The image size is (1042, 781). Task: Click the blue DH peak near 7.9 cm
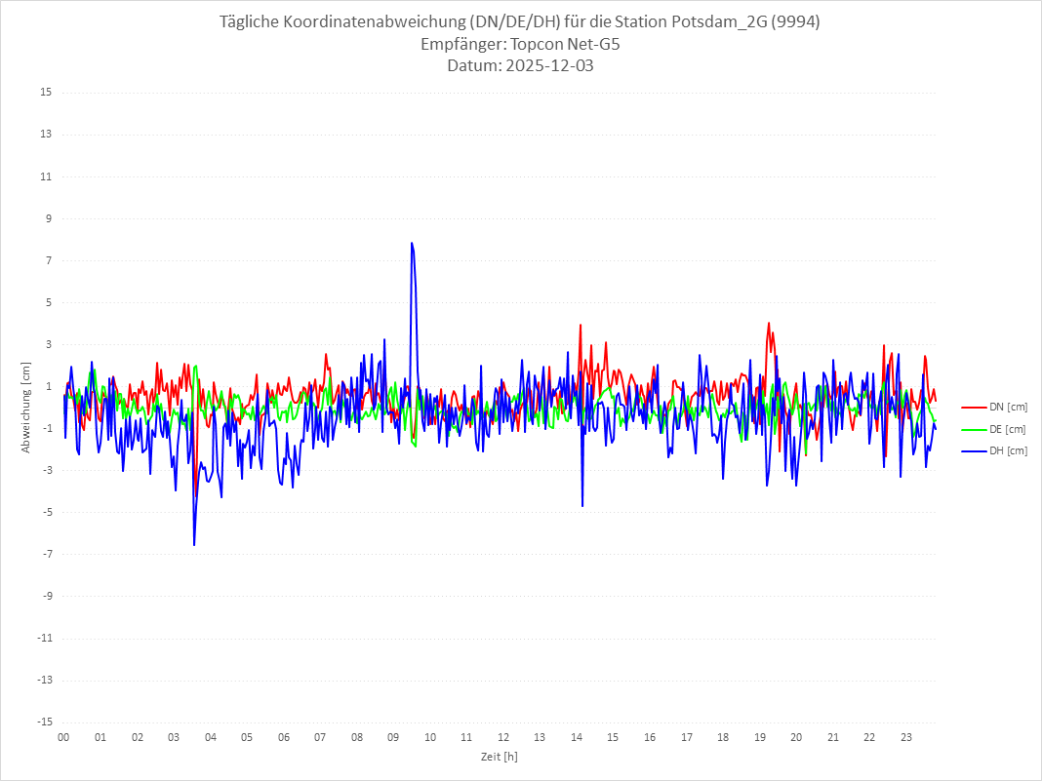click(412, 243)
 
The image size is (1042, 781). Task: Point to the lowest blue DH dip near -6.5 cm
click(194, 544)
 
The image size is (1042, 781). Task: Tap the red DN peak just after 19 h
click(769, 323)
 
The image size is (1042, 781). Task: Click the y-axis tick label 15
click(45, 93)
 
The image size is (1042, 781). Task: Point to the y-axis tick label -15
click(44, 722)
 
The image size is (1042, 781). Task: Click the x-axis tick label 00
click(63, 738)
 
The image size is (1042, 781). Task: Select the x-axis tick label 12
click(503, 738)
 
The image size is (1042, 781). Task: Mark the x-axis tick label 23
click(906, 738)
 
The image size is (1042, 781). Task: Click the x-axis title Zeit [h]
click(500, 757)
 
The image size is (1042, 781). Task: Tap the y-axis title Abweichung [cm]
click(26, 408)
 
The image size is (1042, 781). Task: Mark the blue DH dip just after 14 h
click(582, 506)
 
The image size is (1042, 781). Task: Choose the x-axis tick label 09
click(393, 738)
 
